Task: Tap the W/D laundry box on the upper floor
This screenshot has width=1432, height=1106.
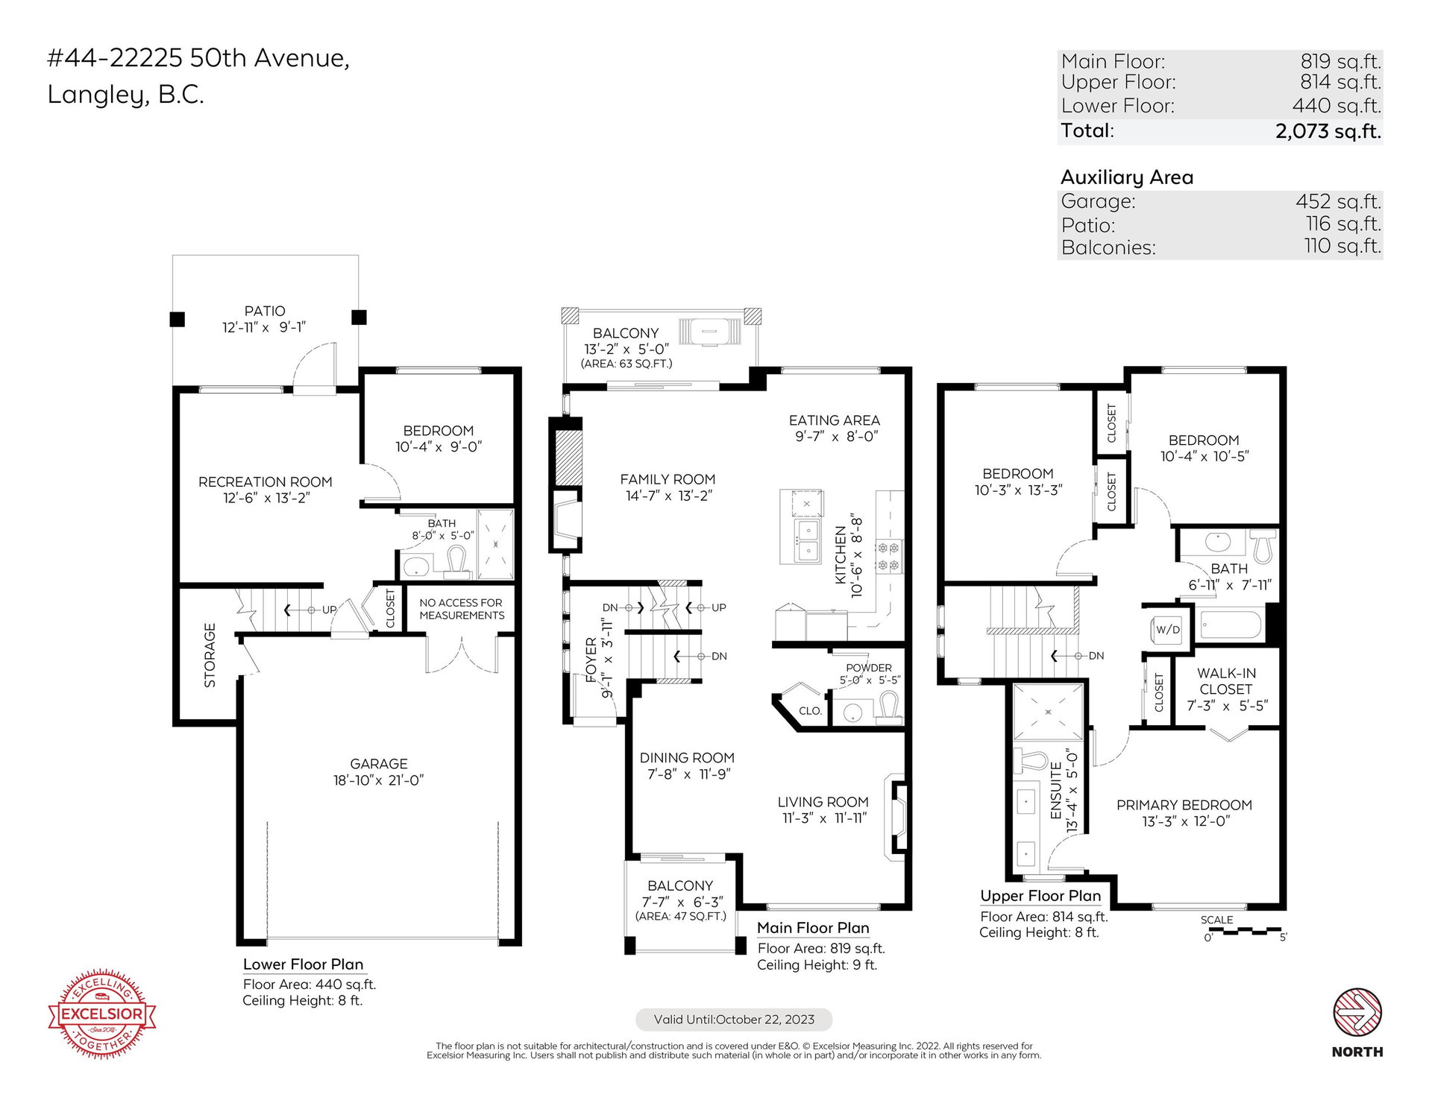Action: point(1168,629)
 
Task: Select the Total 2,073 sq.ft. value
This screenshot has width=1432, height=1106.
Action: point(1328,131)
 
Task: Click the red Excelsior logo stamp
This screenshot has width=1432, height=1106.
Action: point(102,1014)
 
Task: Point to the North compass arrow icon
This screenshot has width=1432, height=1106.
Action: point(1357,1012)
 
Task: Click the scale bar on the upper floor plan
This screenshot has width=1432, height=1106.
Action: point(1246,931)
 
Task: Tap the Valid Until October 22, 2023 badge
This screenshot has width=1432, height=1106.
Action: point(734,1020)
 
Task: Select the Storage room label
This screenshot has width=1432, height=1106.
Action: point(210,655)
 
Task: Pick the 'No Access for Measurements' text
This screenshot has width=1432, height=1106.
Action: point(462,609)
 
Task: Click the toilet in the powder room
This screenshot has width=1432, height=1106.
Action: point(888,707)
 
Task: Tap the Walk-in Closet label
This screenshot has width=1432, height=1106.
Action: point(1227,689)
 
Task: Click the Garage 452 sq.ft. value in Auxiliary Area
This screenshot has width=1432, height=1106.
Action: point(1338,201)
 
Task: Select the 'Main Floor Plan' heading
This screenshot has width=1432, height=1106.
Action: point(813,928)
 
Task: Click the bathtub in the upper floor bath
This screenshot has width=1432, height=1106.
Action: point(1230,625)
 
